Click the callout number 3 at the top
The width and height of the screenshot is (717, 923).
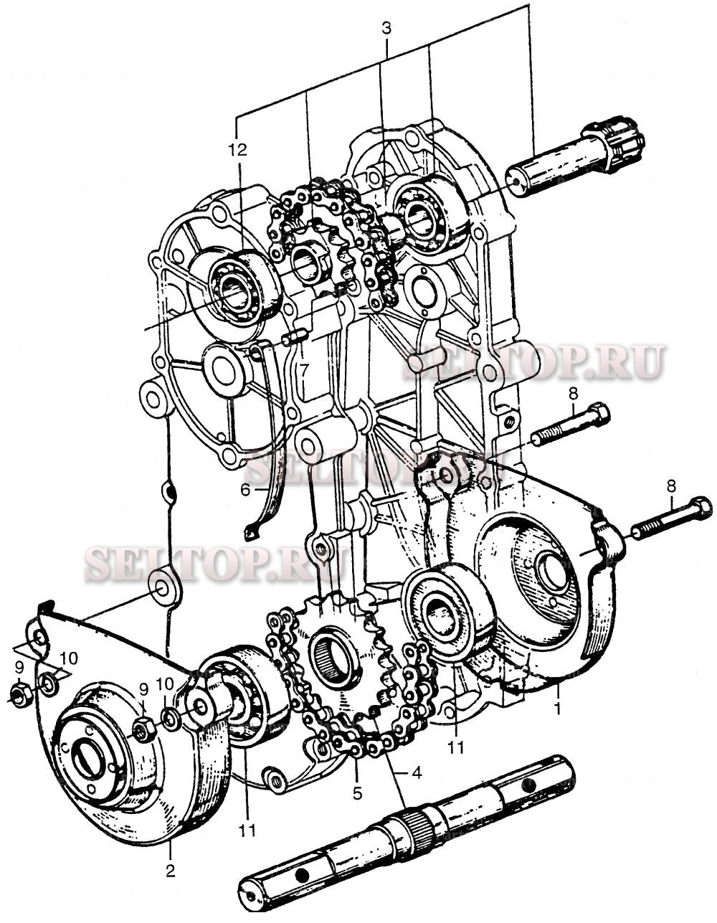386,29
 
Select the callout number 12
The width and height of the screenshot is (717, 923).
237,150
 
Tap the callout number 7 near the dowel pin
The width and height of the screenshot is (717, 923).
304,370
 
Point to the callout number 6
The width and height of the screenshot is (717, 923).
245,490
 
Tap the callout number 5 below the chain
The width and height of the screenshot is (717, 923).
357,794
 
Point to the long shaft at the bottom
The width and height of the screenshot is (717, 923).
409,832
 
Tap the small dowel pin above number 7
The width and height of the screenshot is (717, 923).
295,336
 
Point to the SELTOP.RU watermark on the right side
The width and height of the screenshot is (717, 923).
534,363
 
